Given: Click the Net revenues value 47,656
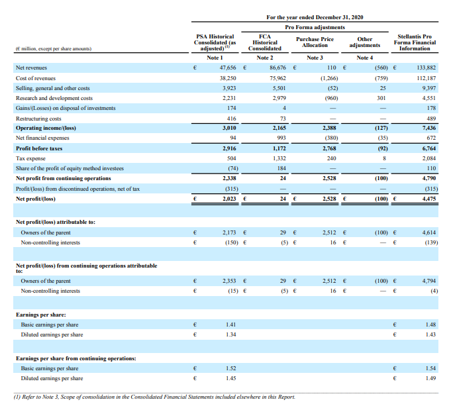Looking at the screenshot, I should (227, 68).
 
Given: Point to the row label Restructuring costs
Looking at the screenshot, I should (38, 117).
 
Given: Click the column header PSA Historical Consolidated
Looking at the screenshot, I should (215, 42).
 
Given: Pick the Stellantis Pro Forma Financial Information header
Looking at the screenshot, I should (417, 42).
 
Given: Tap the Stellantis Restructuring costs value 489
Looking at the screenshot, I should (428, 117).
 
